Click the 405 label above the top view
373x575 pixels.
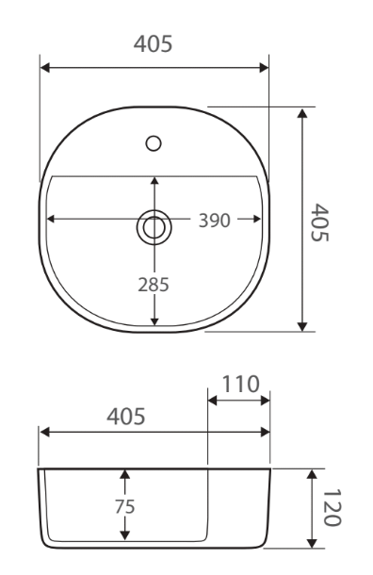153,44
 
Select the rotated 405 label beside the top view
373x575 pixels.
320,222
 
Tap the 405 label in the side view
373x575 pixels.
126,417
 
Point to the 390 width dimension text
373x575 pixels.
215,221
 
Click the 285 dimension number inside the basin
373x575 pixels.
154,285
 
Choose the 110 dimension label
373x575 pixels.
241,384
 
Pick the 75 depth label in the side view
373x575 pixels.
125,506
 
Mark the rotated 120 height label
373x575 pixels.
332,507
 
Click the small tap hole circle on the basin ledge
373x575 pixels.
154,143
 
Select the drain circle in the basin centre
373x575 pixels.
154,227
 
